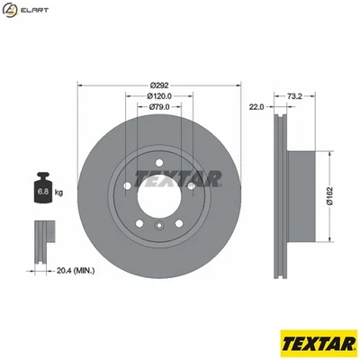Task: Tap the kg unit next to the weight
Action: tap(59, 193)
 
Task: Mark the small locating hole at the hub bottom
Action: tap(158, 226)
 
